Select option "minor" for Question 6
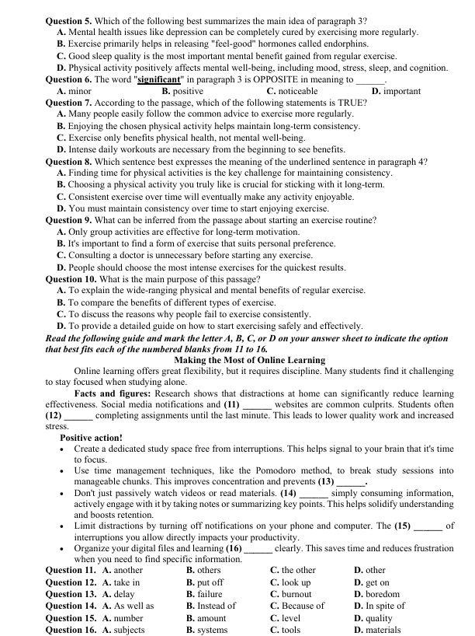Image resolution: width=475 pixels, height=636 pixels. (79, 91)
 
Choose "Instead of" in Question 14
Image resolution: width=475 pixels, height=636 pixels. (217, 606)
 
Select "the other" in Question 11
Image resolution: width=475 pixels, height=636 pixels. (298, 570)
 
